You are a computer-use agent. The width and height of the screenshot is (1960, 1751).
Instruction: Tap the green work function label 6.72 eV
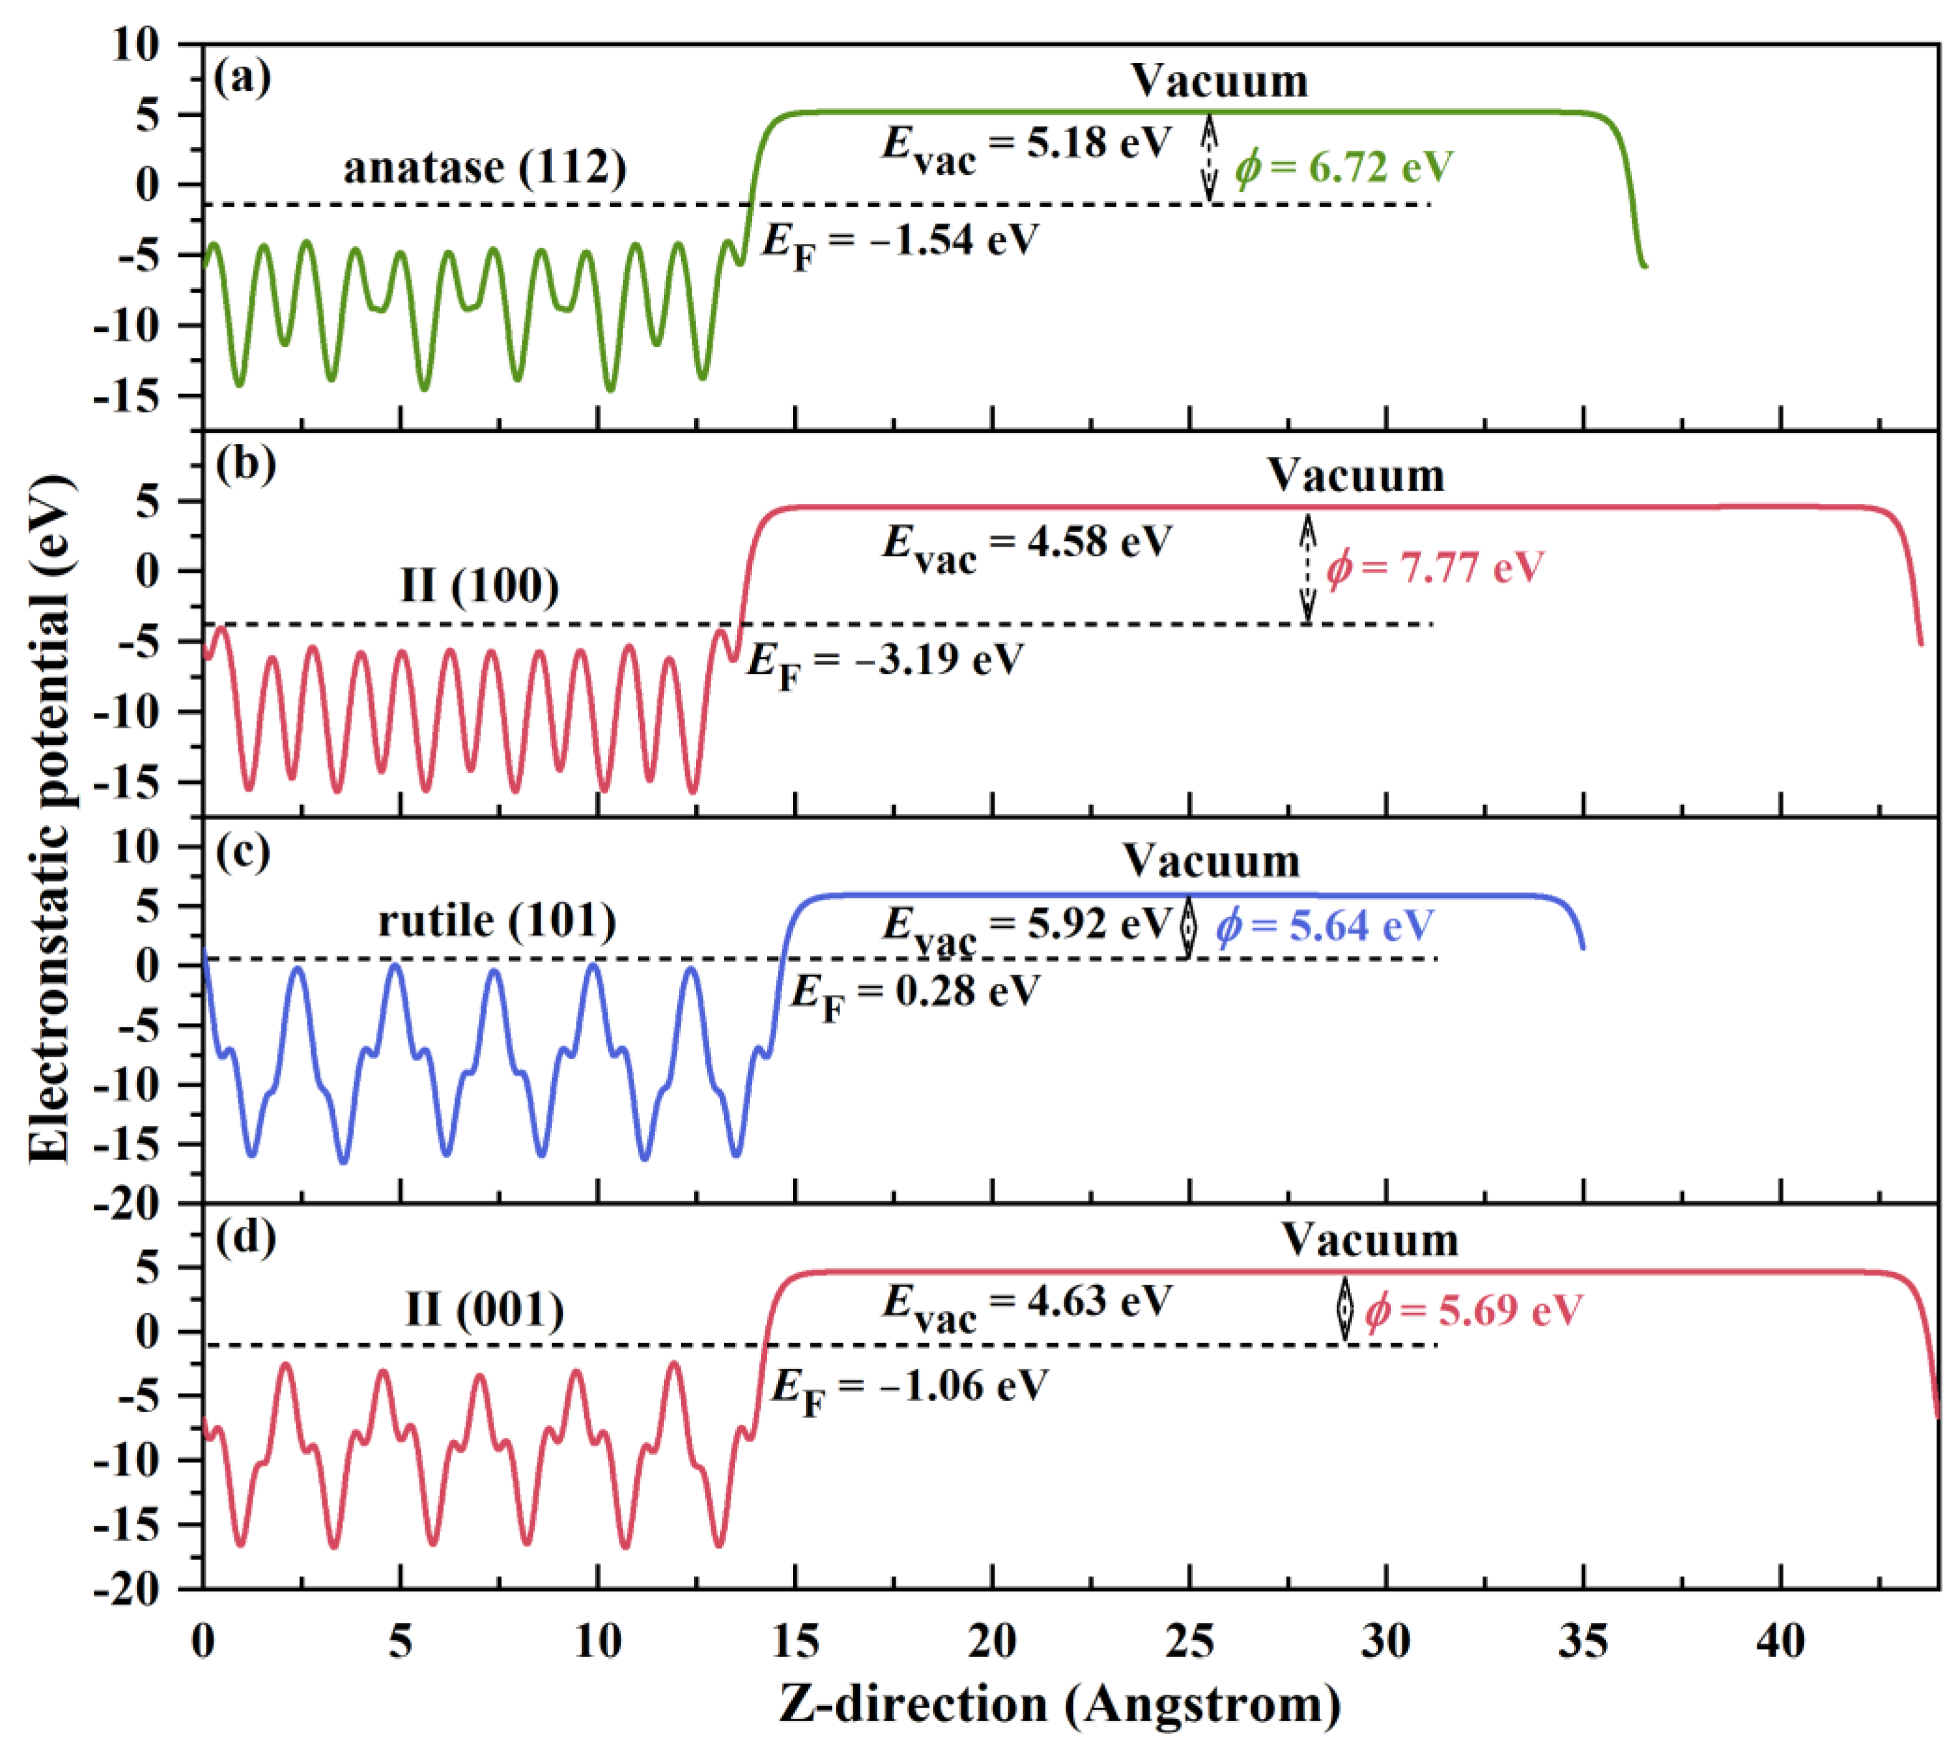tap(1344, 168)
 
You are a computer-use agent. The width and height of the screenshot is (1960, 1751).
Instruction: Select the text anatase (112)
tap(485, 168)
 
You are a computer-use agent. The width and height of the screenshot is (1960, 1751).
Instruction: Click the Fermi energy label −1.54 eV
tap(900, 240)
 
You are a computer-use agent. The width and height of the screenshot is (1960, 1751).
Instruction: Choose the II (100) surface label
tap(479, 585)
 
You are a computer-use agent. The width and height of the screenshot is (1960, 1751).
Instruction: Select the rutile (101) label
tap(496, 921)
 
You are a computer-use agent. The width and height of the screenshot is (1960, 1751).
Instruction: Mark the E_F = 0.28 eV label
tap(914, 993)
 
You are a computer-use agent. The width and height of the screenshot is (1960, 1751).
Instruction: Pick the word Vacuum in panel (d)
tap(1369, 1240)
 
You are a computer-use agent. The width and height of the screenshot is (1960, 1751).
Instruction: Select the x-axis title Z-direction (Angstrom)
tap(1060, 1704)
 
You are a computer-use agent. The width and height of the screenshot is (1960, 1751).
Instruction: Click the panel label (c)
tap(242, 852)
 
